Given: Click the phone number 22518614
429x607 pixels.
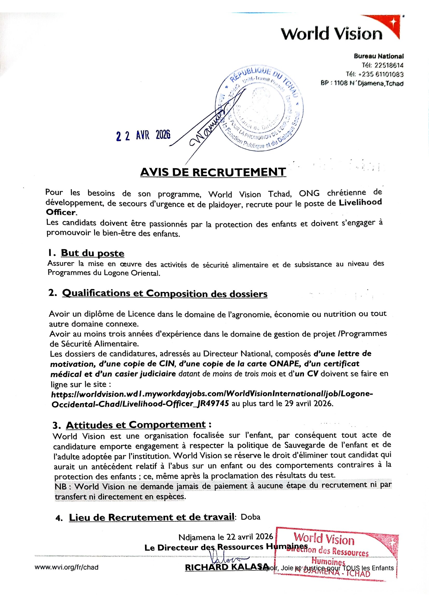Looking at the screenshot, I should click(x=389, y=65).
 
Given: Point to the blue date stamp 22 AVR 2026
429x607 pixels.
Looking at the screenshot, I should click(x=143, y=136).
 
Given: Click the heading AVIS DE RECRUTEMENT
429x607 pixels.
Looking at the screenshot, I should click(x=213, y=172).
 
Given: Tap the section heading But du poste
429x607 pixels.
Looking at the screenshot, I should click(x=92, y=253).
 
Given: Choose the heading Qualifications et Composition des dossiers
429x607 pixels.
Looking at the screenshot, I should click(x=165, y=294).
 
